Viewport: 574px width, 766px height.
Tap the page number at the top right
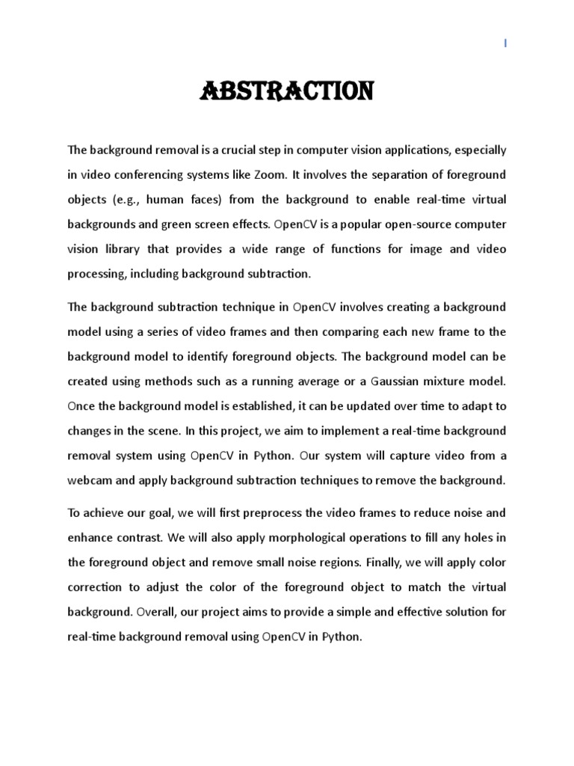[506, 44]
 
